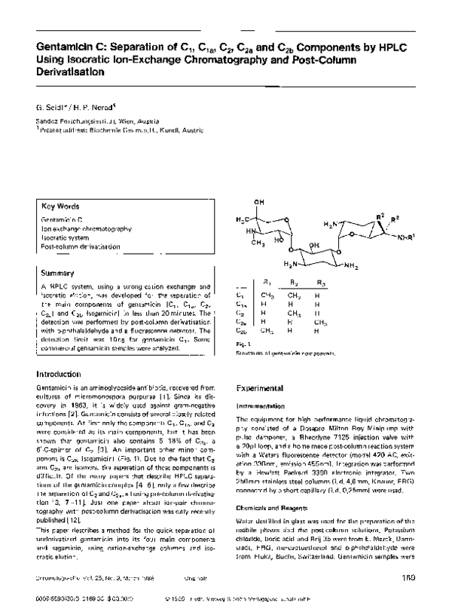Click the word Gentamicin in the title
[61, 47]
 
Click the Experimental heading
[259, 387]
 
